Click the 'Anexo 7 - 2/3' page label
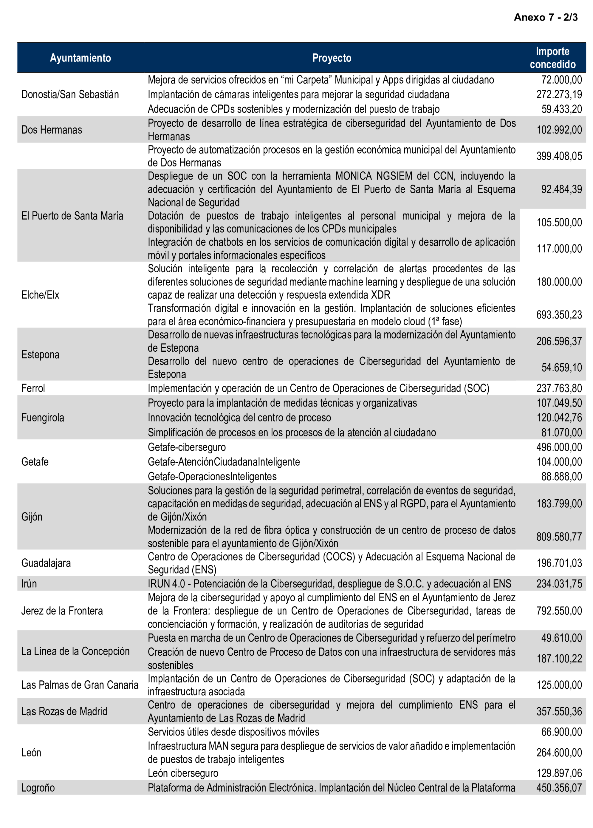[545, 17]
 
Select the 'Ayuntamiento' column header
[80, 58]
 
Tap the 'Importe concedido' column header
[552, 58]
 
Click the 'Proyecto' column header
[331, 58]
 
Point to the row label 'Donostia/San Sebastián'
[70, 95]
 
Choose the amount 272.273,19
[559, 95]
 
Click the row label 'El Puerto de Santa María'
[72, 216]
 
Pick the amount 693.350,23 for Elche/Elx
[559, 315]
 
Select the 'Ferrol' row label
[33, 388]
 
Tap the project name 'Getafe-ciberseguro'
[186, 447]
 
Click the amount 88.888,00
[561, 476]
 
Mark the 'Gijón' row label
[32, 517]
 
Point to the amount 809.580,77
[559, 537]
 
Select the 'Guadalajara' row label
[46, 563]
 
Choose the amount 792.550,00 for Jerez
[559, 611]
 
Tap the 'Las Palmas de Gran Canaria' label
[80, 685]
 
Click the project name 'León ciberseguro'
[183, 773]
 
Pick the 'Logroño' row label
[38, 787]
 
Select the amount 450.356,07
[559, 787]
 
